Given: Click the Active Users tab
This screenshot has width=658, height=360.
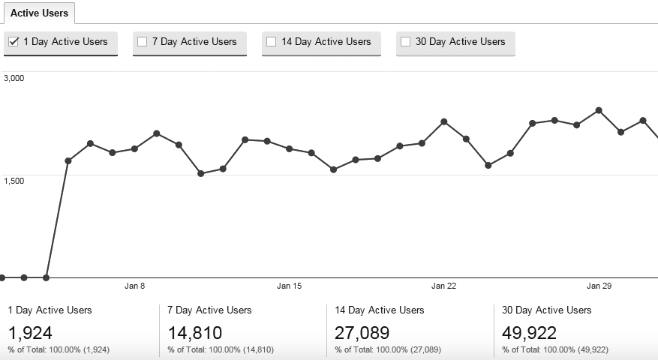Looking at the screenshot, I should tap(39, 13).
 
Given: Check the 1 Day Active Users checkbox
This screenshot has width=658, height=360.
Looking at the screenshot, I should tap(13, 42).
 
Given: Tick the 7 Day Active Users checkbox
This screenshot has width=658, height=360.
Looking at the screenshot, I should tap(142, 42).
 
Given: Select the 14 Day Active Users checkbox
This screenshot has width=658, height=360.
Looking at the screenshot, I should tap(271, 42).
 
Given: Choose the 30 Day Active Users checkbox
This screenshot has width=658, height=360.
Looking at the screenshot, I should tap(405, 42).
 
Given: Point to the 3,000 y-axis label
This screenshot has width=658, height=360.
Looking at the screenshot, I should tap(14, 77).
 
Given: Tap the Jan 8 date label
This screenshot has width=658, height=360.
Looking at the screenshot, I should tap(134, 286).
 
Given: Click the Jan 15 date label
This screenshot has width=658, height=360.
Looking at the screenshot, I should tap(289, 286).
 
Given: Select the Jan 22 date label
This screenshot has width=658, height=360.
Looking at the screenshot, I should tap(444, 286).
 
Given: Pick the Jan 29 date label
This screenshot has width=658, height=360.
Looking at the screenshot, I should tap(599, 286).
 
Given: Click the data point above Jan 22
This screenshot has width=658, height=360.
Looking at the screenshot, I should tap(444, 121).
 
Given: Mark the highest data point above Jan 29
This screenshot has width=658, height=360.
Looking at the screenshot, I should tap(599, 110).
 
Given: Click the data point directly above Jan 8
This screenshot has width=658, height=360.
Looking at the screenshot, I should tap(134, 148).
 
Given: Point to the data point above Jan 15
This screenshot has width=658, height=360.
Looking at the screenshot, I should tap(290, 148).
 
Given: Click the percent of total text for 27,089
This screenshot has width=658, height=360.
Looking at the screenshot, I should tap(388, 349).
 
